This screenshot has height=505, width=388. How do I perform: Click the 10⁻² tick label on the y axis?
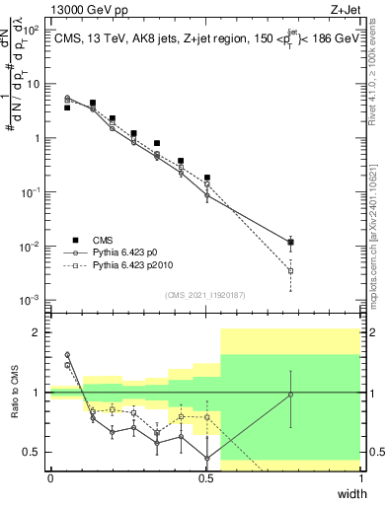pos(32,246)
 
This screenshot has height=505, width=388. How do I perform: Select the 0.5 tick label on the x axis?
pos(205,478)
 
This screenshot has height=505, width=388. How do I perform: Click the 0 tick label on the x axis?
pos(50,478)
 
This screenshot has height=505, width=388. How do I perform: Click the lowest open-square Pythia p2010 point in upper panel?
pos(290,270)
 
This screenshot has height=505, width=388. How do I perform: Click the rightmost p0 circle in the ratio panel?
pos(290,395)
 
